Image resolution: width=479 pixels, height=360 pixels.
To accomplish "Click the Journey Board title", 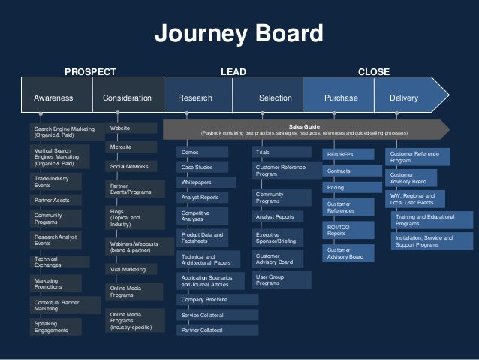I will tap(239, 34).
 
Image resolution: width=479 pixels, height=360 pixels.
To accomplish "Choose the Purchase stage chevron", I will tap(340, 98).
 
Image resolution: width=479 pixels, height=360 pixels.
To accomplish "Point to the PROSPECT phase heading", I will tap(90, 72).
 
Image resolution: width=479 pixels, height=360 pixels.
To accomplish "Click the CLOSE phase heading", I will tap(373, 72).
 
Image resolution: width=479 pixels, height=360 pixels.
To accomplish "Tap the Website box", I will tap(131, 129).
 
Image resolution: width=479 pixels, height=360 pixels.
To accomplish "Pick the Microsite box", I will tap(131, 147).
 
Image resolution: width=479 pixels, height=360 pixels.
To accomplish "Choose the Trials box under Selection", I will tap(279, 153).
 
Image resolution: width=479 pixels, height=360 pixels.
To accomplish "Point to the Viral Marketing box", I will tap(131, 269).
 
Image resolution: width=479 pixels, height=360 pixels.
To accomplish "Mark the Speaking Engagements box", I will tap(65, 327).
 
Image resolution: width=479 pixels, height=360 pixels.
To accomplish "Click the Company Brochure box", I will tap(218, 299).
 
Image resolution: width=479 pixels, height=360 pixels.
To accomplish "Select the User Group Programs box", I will tap(279, 280).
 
